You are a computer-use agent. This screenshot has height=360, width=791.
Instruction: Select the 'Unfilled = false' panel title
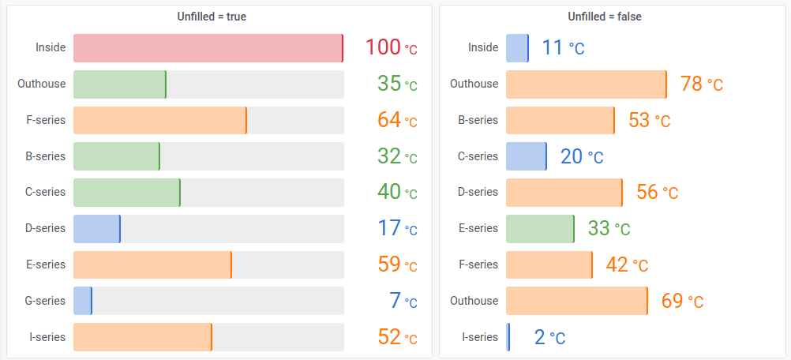pos(605,17)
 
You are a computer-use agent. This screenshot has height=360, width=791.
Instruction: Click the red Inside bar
pos(208,48)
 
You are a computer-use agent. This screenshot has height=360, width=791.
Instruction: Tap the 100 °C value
pos(391,48)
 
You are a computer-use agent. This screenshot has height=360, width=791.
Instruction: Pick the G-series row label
pos(46,301)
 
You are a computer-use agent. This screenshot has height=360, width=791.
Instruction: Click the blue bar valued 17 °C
pos(96,229)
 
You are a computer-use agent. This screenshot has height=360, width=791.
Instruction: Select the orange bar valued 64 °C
pos(159,121)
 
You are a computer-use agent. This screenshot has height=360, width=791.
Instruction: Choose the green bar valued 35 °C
pos(119,84)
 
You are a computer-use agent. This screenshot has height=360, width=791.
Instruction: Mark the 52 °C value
pos(397,337)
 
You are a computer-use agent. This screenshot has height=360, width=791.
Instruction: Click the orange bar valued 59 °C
pos(152,265)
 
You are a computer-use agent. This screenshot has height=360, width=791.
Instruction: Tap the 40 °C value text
pos(397,193)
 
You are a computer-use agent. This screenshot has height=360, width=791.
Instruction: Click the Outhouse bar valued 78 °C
pos(586,84)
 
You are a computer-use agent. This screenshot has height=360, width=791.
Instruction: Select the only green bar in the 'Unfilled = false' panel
pos(540,229)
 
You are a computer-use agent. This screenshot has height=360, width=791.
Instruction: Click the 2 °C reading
pos(549,338)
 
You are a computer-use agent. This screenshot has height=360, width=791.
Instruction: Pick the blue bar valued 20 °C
pos(526,156)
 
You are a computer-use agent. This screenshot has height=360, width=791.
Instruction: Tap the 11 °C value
pos(563,48)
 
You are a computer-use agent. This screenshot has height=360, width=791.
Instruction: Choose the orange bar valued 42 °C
pos(549,265)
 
